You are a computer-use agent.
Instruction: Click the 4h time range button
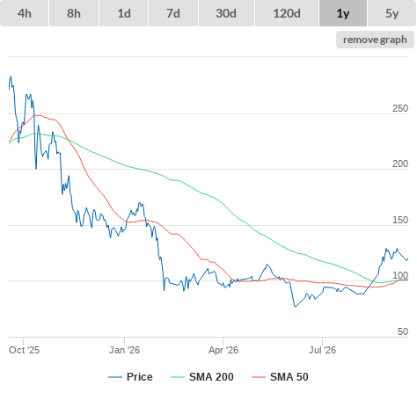[x=25, y=13]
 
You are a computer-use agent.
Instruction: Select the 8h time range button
[x=74, y=13]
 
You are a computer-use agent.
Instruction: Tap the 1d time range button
[x=124, y=13]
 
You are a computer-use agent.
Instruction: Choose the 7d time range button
[x=173, y=13]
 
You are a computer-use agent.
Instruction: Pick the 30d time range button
[x=226, y=13]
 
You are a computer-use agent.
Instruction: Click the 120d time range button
[x=287, y=13]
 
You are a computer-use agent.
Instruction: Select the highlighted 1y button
[x=343, y=13]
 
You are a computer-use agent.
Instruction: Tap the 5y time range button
[x=392, y=13]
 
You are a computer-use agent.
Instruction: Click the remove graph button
[x=375, y=40]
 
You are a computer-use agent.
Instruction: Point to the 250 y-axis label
[x=400, y=108]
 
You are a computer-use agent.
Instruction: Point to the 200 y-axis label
[x=400, y=164]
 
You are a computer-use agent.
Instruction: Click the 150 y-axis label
[x=400, y=220]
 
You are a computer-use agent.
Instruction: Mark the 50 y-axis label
[x=403, y=331]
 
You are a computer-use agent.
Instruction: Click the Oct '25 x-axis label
[x=24, y=350]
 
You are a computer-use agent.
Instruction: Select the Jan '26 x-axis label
[x=124, y=350]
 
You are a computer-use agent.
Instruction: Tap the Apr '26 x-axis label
[x=223, y=350]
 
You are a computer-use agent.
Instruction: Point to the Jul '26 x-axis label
[x=322, y=350]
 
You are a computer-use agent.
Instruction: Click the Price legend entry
[x=130, y=377]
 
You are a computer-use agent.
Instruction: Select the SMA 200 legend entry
[x=202, y=377]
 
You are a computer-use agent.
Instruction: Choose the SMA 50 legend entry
[x=280, y=377]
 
